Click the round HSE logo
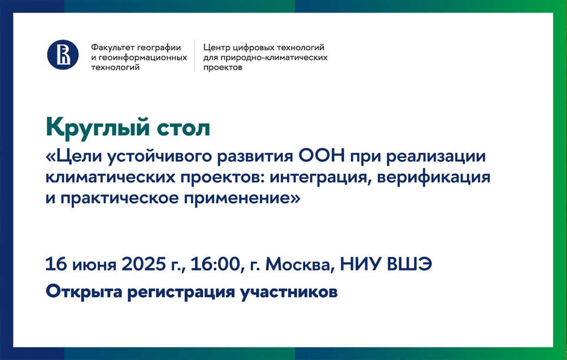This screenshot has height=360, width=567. pyautogui.click(x=63, y=55)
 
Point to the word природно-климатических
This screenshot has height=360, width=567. pyautogui.click(x=274, y=58)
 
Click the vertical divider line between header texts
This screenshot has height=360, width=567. pyautogui.click(x=195, y=56)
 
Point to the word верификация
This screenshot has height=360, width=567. pyautogui.click(x=434, y=178)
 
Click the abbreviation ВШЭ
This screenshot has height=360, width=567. pyautogui.click(x=409, y=264)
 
